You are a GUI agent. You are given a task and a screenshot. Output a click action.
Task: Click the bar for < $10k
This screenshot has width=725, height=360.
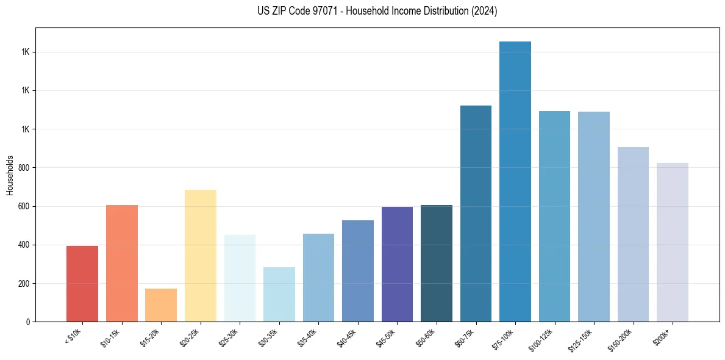point(82,284)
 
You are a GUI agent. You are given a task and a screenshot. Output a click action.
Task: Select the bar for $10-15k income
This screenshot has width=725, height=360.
point(122,264)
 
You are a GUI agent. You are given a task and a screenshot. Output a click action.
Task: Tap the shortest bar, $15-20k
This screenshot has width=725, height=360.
point(161,305)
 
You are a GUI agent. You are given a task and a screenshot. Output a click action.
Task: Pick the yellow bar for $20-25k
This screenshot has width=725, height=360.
point(201,256)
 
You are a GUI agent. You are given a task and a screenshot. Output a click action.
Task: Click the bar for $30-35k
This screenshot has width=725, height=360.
point(279,295)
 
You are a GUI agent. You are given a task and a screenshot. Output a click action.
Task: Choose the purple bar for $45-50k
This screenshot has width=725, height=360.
point(397,264)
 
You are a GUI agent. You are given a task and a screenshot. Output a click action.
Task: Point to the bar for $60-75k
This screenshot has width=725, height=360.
point(476,214)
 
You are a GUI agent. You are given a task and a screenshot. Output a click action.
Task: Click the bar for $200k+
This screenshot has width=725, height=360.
point(673,242)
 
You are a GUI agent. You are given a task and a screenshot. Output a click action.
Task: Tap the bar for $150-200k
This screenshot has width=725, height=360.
point(633,234)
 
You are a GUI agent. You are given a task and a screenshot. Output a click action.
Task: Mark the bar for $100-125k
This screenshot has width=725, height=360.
point(554,217)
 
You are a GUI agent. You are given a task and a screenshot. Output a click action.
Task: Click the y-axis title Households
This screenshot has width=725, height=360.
point(10,175)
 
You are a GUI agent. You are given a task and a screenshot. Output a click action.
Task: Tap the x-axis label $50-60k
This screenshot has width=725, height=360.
point(426,337)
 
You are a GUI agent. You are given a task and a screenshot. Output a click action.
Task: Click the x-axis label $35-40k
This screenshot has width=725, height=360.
point(307,337)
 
